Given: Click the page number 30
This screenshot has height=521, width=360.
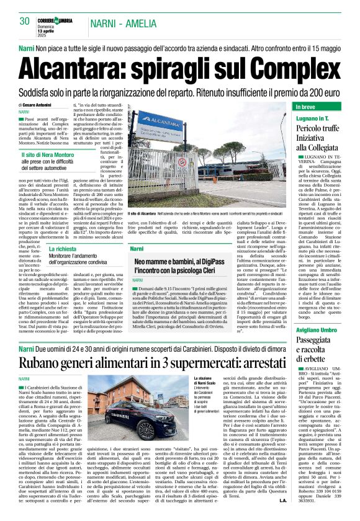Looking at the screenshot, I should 24,21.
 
